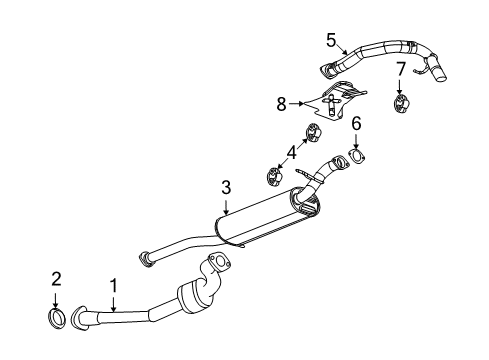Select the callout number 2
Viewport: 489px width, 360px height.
click(56, 277)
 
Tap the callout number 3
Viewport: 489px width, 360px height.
click(226, 186)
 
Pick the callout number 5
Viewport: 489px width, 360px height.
click(331, 39)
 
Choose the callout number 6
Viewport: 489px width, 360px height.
click(355, 122)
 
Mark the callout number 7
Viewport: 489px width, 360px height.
click(399, 69)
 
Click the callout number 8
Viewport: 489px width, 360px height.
click(281, 101)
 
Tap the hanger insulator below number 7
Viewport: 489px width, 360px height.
click(401, 103)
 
